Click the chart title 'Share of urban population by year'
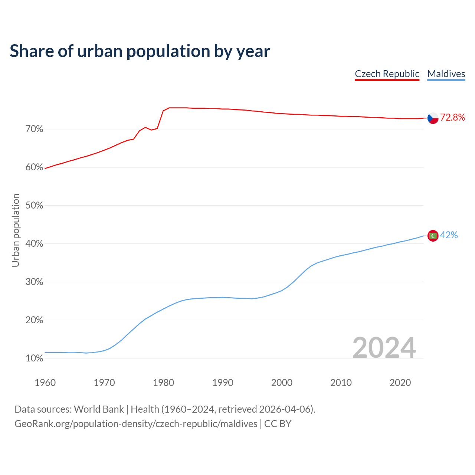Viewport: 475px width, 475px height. (x=140, y=51)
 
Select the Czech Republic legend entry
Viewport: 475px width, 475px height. (x=387, y=74)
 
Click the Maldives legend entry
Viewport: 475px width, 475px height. (x=446, y=74)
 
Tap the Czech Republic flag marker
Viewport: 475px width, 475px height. (x=433, y=118)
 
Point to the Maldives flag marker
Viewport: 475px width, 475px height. (x=433, y=236)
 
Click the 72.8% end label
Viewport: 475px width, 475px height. (x=452, y=118)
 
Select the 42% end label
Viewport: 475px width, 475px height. (x=449, y=235)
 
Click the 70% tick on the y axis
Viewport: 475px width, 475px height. (x=35, y=129)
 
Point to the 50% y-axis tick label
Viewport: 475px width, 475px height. (x=35, y=206)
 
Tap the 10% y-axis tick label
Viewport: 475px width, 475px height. (x=35, y=358)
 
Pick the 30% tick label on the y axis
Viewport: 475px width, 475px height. (x=35, y=282)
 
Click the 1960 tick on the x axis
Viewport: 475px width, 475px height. (x=45, y=383)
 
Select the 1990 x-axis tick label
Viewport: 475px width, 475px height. (x=223, y=383)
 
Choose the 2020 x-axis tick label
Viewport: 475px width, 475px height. (x=400, y=383)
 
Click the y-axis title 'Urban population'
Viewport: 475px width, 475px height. (x=16, y=230)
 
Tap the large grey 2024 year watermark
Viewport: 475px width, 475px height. (x=384, y=348)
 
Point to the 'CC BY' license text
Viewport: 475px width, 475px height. (x=278, y=424)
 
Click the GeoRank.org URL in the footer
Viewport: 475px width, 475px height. (x=136, y=424)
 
